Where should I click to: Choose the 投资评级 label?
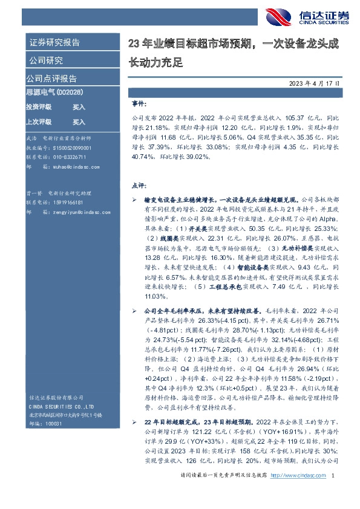(x=39, y=106)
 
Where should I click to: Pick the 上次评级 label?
(x=39, y=121)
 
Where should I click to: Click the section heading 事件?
(x=139, y=104)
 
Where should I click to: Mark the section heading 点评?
(x=139, y=186)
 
